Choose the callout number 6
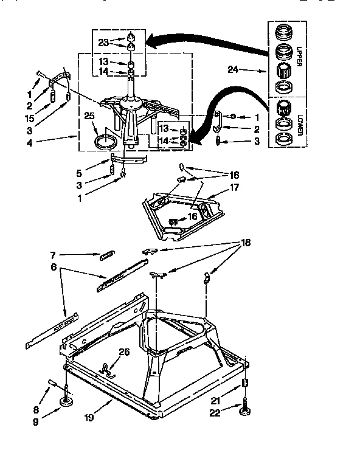pyautogui.click(x=54, y=267)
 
